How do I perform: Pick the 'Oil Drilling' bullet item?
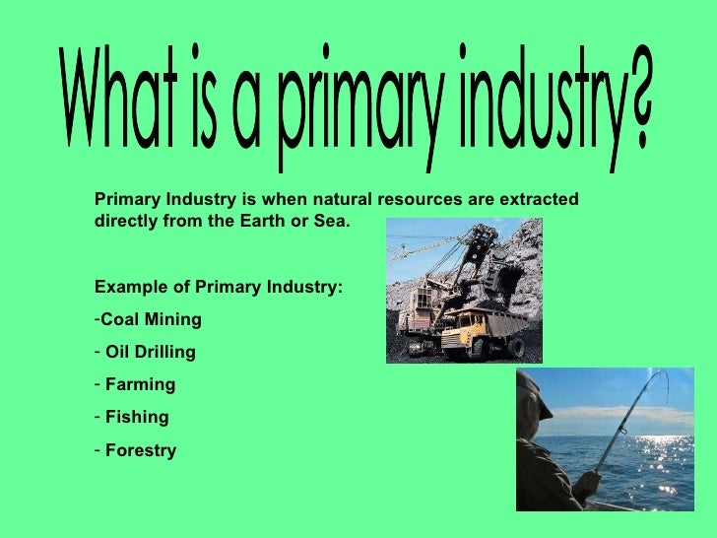pos(151,352)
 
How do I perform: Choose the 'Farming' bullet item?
pos(140,384)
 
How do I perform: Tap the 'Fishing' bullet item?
pos(137,417)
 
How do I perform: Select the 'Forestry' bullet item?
pos(141,450)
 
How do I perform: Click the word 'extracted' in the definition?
pos(533,199)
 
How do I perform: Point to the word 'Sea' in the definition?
pos(332,221)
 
